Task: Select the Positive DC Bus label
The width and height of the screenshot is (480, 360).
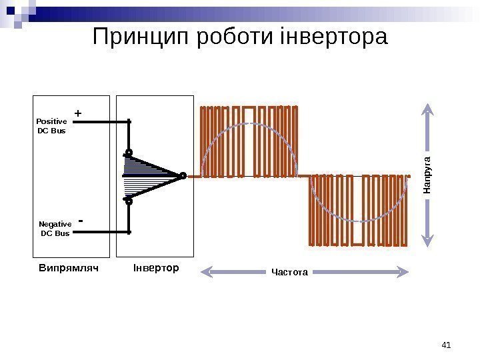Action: point(51,126)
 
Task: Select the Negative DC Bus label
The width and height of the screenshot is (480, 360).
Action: point(55,229)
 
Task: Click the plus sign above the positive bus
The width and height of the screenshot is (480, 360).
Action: point(78,114)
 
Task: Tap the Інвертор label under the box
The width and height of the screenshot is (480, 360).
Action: point(156,268)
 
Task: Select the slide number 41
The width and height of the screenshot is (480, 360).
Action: point(447,345)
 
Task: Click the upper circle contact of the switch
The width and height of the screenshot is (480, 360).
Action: point(129,153)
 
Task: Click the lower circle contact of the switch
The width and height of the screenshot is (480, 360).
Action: point(129,199)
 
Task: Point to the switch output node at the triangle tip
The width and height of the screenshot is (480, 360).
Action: point(182,176)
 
